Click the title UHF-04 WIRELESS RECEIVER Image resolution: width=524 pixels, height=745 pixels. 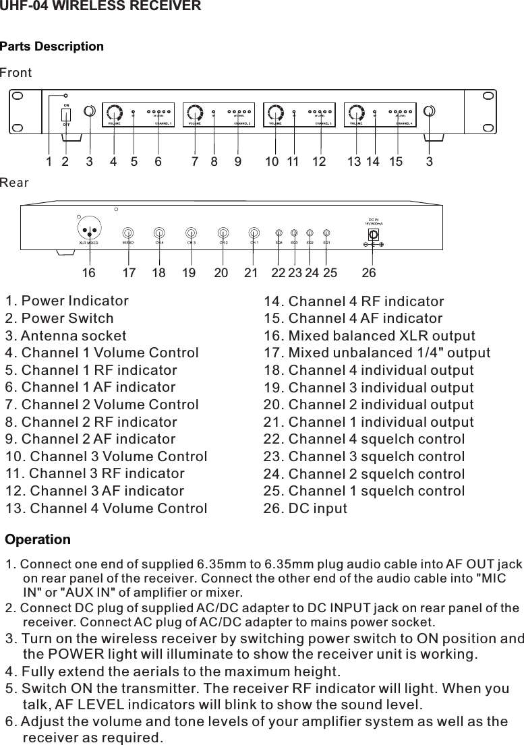point(100,7)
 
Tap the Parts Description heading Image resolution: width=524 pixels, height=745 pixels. point(52,47)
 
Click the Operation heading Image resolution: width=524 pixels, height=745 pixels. point(38,540)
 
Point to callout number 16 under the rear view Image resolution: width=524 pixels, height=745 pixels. point(88,273)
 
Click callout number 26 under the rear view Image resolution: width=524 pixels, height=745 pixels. point(369,273)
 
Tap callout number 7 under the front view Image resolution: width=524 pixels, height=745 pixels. point(195,162)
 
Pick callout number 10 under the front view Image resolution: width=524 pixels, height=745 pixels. point(272,162)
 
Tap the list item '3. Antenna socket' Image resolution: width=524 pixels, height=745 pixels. point(66,336)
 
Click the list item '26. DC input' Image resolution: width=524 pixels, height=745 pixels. point(305,508)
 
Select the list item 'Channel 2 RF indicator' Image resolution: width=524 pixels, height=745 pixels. point(91,422)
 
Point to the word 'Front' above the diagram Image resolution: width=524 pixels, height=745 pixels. point(16,72)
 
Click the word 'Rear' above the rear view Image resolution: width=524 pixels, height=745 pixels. point(15,183)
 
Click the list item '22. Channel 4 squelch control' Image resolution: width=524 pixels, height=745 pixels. point(363,439)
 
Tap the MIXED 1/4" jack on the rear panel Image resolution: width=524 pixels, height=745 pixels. point(127,232)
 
